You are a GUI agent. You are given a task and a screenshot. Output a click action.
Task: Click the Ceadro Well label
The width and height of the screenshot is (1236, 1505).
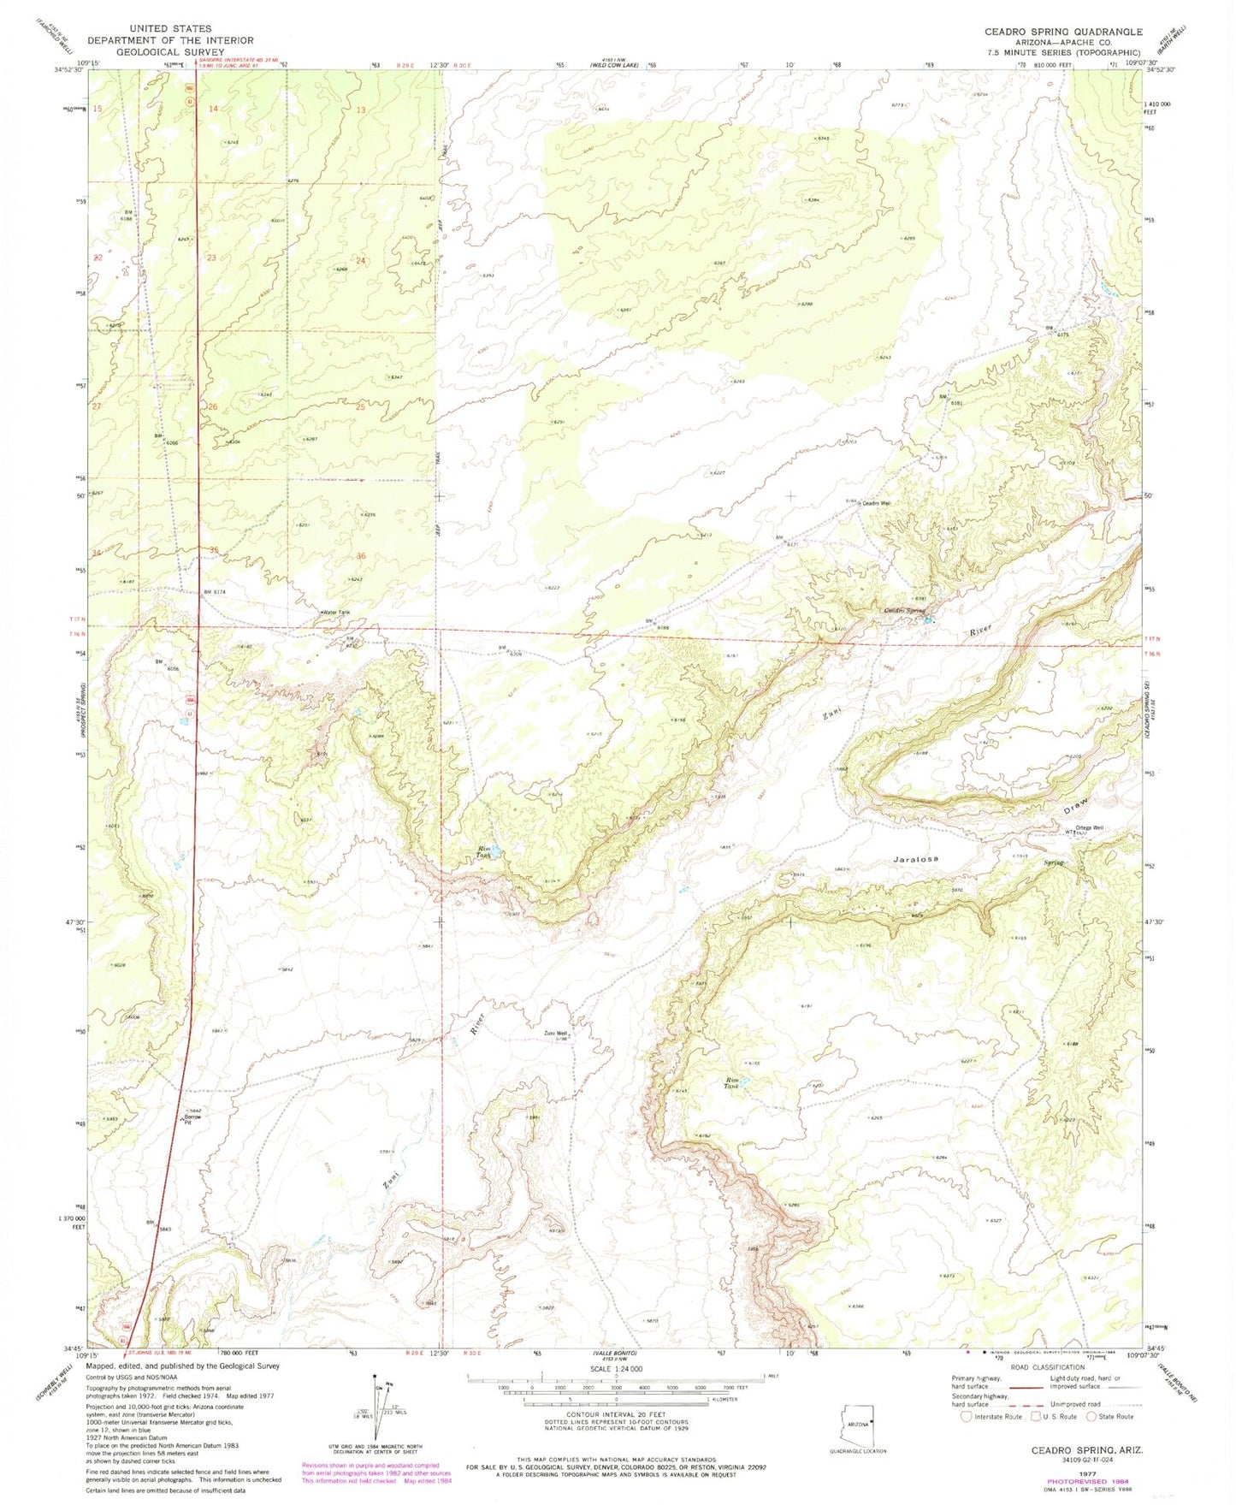coord(876,503)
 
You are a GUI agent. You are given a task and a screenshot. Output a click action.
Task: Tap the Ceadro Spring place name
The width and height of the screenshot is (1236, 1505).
coord(903,610)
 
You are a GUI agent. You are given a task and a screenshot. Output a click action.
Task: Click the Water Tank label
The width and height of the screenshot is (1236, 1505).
coord(335,613)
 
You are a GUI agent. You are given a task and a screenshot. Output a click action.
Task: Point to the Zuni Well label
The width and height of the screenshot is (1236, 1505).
coord(557,1034)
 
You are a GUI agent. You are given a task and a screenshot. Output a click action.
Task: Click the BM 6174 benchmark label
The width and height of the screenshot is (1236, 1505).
coord(218,593)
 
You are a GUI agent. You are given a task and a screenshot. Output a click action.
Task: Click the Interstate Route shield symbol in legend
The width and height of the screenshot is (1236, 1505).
coord(967,1416)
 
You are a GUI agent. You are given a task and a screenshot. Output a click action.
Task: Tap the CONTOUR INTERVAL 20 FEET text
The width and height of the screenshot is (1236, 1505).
coord(615,1416)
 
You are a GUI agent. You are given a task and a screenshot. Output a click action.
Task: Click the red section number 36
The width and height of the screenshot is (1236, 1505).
coord(361,556)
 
